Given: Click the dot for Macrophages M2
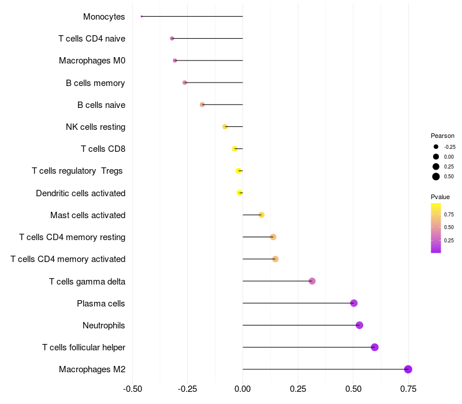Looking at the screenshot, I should (x=408, y=369).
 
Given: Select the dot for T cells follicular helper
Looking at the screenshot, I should (x=374, y=347).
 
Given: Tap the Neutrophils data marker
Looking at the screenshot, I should (x=359, y=325).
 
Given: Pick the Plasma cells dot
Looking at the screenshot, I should (x=353, y=303).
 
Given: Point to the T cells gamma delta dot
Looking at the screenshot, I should (x=312, y=281).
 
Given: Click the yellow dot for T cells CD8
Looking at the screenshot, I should (x=234, y=149).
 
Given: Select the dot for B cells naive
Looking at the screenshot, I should (x=202, y=104).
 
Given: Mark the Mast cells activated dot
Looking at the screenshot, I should (x=261, y=215).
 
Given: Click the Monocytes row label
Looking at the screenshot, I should (x=104, y=17).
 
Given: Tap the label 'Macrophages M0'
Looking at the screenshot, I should (x=92, y=61).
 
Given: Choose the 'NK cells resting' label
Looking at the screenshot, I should (x=95, y=127).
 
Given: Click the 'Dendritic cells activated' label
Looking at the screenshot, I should (x=80, y=193).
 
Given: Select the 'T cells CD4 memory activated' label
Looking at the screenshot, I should (x=68, y=259).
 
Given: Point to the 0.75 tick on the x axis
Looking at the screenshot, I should (x=408, y=388).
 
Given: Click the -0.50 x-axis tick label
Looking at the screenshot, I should (x=132, y=388).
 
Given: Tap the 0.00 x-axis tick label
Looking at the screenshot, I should (x=243, y=388).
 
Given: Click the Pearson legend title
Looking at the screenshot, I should (x=442, y=136).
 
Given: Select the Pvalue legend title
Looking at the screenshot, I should (x=440, y=197).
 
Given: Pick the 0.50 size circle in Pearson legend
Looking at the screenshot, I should (x=436, y=177).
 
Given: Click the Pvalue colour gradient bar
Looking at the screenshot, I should (x=436, y=227).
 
